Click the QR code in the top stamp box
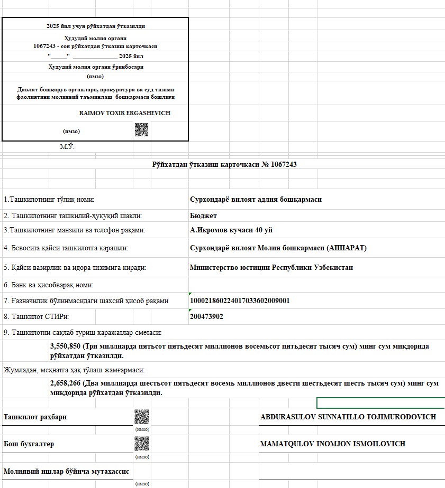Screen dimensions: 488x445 (x=141, y=130)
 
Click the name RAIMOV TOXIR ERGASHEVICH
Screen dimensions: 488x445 (x=125, y=113)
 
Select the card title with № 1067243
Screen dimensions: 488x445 (x=224, y=165)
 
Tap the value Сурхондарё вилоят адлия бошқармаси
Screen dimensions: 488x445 (x=256, y=200)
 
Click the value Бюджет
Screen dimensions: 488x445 (x=203, y=215)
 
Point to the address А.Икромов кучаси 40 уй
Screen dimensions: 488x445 (x=231, y=230)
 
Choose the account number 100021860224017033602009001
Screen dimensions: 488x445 (x=240, y=301)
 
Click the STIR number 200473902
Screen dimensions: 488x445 (x=206, y=317)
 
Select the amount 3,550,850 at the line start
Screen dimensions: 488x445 (x=65, y=346)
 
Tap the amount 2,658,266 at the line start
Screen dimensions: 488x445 (x=65, y=383)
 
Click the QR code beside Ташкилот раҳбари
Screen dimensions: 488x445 (x=142, y=417)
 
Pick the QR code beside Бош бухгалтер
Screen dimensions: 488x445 (x=142, y=444)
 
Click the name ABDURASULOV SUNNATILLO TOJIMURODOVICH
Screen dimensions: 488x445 (x=348, y=417)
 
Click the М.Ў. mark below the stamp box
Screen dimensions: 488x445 (x=67, y=147)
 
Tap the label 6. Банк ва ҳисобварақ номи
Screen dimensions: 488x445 (x=49, y=285)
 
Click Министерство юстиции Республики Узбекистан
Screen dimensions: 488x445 (x=271, y=267)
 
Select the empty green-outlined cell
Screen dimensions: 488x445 (x=380, y=403)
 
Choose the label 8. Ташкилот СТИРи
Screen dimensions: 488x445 (x=37, y=317)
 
